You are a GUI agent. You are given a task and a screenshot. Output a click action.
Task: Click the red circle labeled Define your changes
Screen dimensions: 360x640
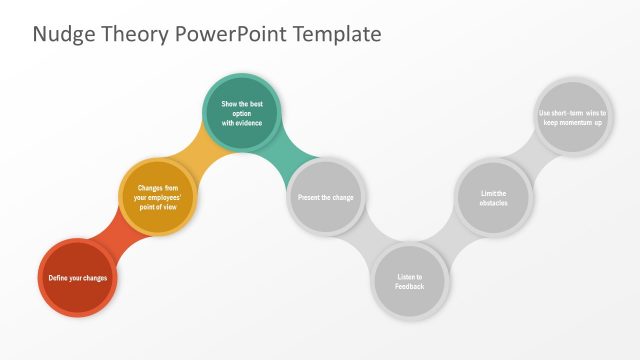pyautogui.click(x=78, y=277)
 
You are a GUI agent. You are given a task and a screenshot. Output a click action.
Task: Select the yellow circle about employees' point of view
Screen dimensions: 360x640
pyautogui.click(x=157, y=197)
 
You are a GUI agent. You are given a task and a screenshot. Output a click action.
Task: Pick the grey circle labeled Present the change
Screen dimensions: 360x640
pyautogui.click(x=325, y=197)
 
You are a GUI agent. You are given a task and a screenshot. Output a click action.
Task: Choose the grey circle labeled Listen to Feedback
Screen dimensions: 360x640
pyautogui.click(x=409, y=281)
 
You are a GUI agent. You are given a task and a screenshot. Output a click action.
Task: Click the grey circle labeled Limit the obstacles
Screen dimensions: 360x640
pyautogui.click(x=493, y=197)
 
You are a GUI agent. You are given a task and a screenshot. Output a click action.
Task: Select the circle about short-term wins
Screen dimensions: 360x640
pyautogui.click(x=573, y=115)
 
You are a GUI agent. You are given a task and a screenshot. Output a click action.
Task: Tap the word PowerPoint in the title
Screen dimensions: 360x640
pyautogui.click(x=232, y=34)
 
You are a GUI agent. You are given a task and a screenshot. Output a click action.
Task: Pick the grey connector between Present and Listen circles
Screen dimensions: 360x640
pyautogui.click(x=366, y=240)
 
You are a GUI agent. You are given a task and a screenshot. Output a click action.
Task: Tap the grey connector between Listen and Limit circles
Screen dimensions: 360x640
pyautogui.click(x=452, y=240)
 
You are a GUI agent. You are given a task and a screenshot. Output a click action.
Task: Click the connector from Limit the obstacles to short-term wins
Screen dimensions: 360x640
pyautogui.click(x=533, y=155)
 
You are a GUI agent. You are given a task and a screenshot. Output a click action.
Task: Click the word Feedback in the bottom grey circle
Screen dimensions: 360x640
pyautogui.click(x=409, y=287)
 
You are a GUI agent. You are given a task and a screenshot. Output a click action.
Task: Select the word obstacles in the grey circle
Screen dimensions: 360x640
pyautogui.click(x=493, y=203)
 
